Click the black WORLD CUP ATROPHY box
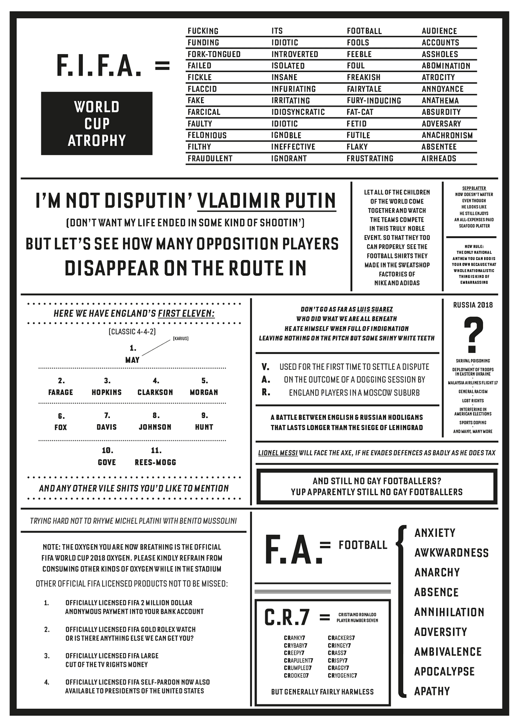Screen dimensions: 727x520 click(x=97, y=123)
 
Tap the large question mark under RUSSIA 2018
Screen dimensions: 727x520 click(x=473, y=334)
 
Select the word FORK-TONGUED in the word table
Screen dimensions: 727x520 click(x=214, y=54)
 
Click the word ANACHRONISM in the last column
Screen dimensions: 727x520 click(x=447, y=135)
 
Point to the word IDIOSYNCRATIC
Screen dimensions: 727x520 click(x=298, y=112)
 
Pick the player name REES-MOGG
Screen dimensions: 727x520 click(x=155, y=462)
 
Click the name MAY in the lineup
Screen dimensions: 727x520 click(x=133, y=360)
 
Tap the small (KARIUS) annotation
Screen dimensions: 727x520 click(x=180, y=339)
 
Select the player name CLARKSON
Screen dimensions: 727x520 click(x=155, y=392)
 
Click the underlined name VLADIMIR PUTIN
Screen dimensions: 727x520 click(x=266, y=201)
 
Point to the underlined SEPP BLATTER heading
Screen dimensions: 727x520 click(x=474, y=188)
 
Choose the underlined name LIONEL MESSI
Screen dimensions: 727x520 click(x=278, y=453)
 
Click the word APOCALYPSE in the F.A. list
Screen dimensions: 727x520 click(x=444, y=671)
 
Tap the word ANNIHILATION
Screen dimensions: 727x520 click(x=449, y=612)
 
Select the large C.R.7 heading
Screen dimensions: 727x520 click(x=287, y=617)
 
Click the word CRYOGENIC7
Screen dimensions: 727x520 click(x=343, y=675)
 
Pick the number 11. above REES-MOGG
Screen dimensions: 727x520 click(x=156, y=450)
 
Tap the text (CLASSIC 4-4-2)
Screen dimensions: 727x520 click(x=132, y=331)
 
